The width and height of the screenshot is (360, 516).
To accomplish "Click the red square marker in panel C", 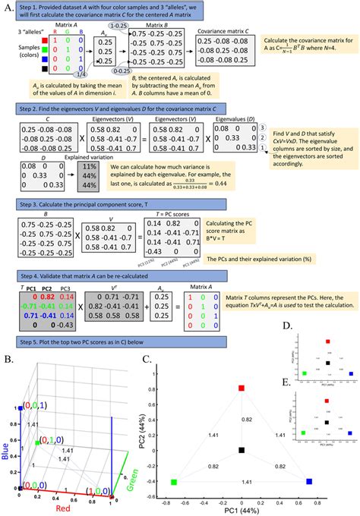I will coord(242,389).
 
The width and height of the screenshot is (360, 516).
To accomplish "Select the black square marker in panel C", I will coord(242,451).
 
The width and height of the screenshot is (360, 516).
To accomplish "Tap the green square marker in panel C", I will coord(174,482).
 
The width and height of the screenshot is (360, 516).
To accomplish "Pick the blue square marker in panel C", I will coord(309,482).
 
